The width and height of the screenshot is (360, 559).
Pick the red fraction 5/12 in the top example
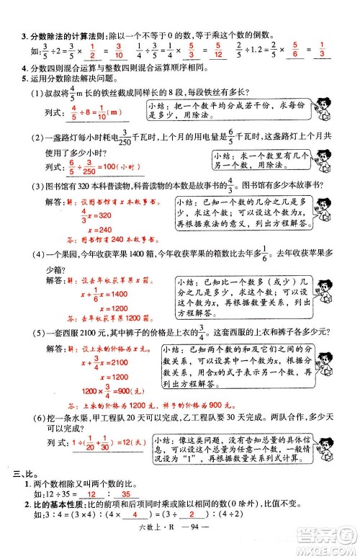point(216,53)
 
